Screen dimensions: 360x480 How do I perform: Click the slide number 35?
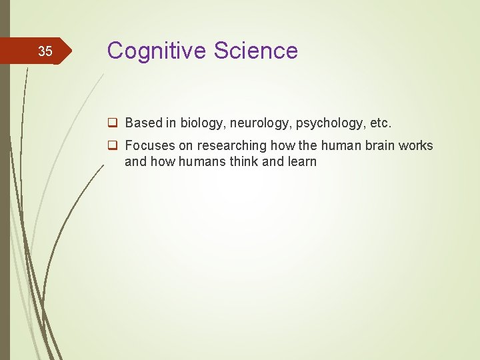tap(45, 51)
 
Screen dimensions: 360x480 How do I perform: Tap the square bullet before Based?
tap(114, 123)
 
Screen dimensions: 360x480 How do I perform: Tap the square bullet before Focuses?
tap(114, 145)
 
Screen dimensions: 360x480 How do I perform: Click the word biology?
tap(202, 123)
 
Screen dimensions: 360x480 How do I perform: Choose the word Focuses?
tap(150, 145)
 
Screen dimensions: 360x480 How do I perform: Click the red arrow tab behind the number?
tap(60, 51)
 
